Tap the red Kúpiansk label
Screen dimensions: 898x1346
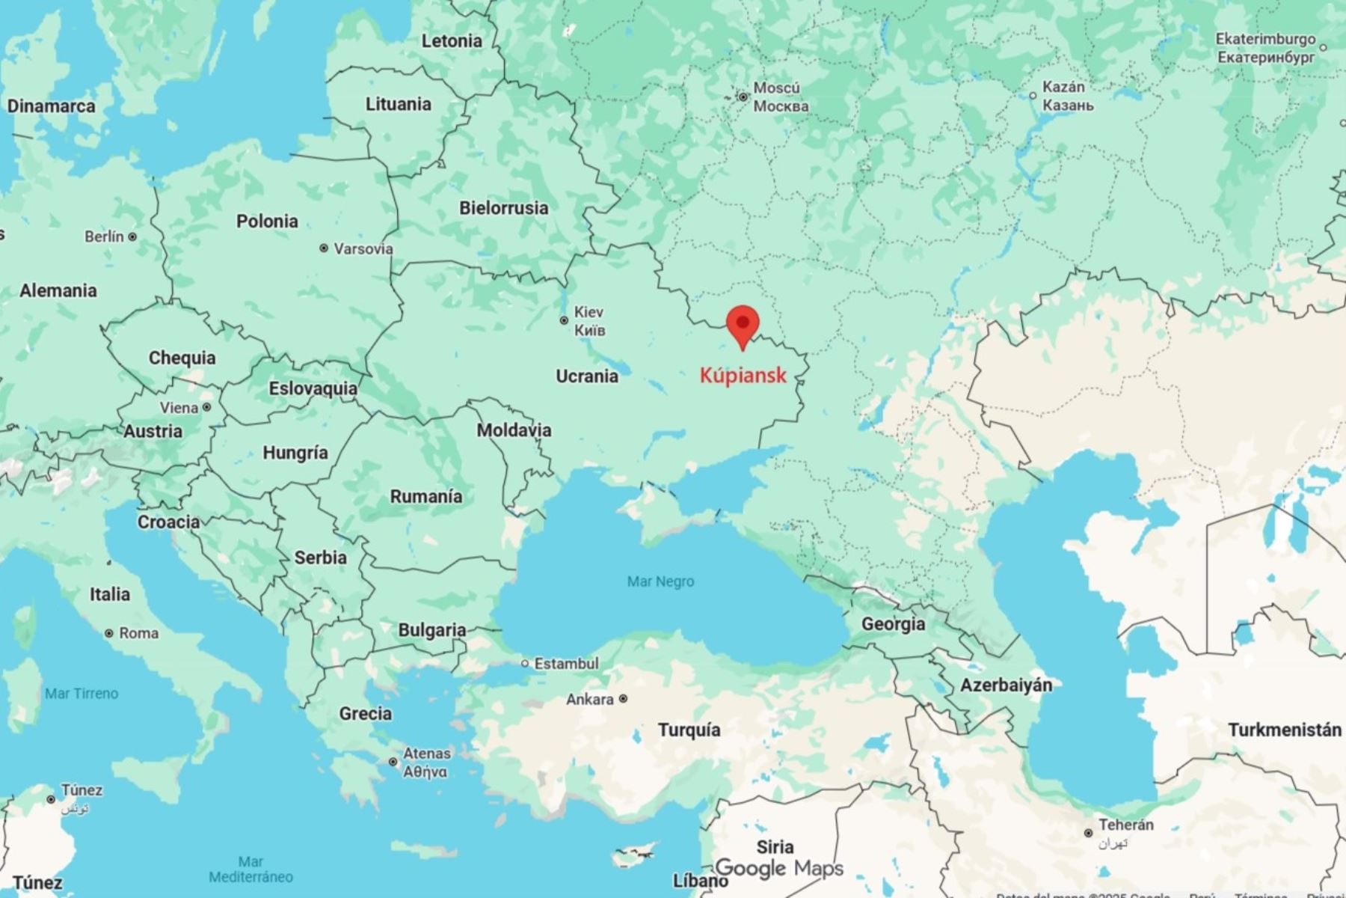[743, 375]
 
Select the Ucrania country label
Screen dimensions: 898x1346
[586, 376]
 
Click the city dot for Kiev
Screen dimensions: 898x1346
[564, 320]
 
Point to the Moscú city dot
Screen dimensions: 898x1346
[743, 97]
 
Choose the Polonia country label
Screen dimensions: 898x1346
[267, 221]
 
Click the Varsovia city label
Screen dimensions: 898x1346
[363, 248]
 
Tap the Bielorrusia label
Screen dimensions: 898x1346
[503, 208]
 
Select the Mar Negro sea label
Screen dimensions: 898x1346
[660, 581]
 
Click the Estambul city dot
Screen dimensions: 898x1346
[525, 664]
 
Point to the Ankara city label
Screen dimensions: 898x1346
[589, 699]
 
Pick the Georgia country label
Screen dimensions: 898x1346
[893, 623]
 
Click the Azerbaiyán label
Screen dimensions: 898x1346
[1006, 685]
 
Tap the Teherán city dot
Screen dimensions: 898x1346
[1088, 833]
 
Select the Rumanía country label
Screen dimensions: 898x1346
[425, 496]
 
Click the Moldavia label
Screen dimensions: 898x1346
[514, 430]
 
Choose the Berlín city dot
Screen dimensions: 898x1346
[132, 236]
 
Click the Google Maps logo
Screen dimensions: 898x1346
[779, 869]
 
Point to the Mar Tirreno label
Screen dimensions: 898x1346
[82, 694]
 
